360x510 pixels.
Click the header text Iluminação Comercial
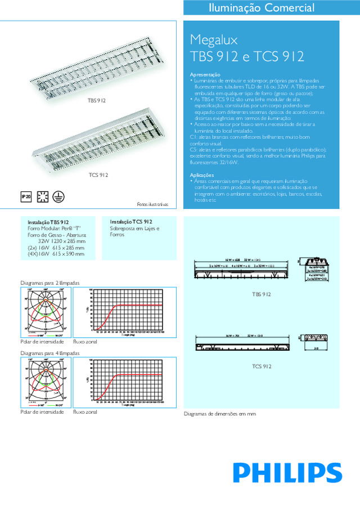click(x=262, y=8)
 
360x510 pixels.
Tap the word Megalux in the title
click(x=214, y=40)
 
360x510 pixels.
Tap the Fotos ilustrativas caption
click(x=152, y=204)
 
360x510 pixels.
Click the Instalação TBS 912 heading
click(x=48, y=222)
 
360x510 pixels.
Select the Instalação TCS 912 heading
click(x=131, y=222)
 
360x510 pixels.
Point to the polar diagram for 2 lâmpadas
click(x=43, y=312)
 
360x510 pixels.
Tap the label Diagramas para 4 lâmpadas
click(x=50, y=353)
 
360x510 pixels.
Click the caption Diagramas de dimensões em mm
click(x=220, y=413)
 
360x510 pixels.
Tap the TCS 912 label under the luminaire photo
click(x=98, y=176)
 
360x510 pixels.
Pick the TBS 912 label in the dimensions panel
click(x=262, y=294)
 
